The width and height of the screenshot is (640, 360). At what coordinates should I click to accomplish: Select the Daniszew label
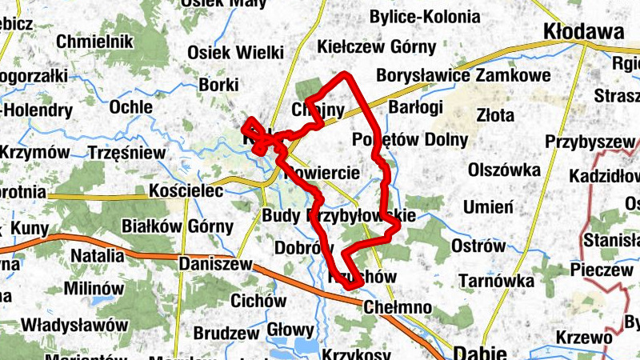(x=215, y=263)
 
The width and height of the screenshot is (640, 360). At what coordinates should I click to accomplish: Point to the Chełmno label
(x=398, y=307)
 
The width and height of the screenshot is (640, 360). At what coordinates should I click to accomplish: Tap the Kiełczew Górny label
(x=377, y=46)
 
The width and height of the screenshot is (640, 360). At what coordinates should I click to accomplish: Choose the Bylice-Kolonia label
(x=425, y=17)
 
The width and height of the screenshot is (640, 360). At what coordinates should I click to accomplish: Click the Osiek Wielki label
(x=235, y=53)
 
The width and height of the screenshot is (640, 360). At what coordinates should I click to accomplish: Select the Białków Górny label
(x=178, y=227)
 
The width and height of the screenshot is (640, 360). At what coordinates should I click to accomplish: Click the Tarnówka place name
(x=497, y=281)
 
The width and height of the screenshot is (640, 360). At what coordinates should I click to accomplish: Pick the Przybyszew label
(x=590, y=142)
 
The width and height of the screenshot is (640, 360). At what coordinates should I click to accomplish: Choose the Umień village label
(x=488, y=207)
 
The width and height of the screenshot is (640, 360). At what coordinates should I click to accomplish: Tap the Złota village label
(x=495, y=115)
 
